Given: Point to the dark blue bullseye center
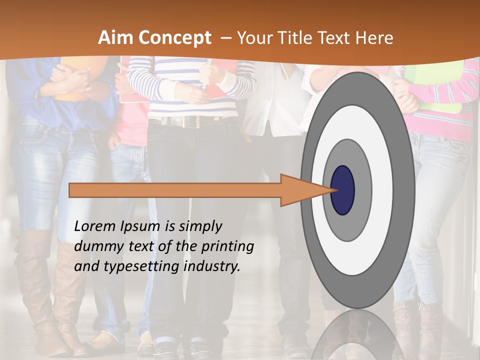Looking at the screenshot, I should [342, 190].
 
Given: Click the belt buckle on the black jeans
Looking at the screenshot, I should [190, 121].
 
